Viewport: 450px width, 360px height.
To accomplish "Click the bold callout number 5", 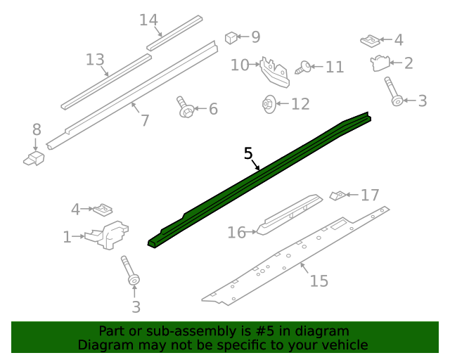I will (x=247, y=153).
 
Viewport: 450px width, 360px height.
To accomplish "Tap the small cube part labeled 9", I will (x=231, y=37).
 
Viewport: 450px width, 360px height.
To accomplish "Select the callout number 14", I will (x=148, y=20).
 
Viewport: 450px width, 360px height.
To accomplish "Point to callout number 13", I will (x=95, y=60).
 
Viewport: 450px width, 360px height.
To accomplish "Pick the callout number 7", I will (x=145, y=120).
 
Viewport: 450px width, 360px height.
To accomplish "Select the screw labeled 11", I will (x=304, y=67).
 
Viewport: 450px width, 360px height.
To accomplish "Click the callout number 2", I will (x=408, y=63).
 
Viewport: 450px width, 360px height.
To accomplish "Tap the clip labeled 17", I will (x=338, y=195).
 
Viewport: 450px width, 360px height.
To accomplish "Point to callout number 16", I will (x=236, y=232).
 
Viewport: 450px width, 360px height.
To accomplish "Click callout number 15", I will (x=319, y=281).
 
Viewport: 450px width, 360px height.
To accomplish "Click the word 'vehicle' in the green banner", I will (x=345, y=345).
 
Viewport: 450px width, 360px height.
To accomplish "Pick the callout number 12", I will (x=300, y=104).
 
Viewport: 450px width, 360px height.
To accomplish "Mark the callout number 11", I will (x=335, y=67).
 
